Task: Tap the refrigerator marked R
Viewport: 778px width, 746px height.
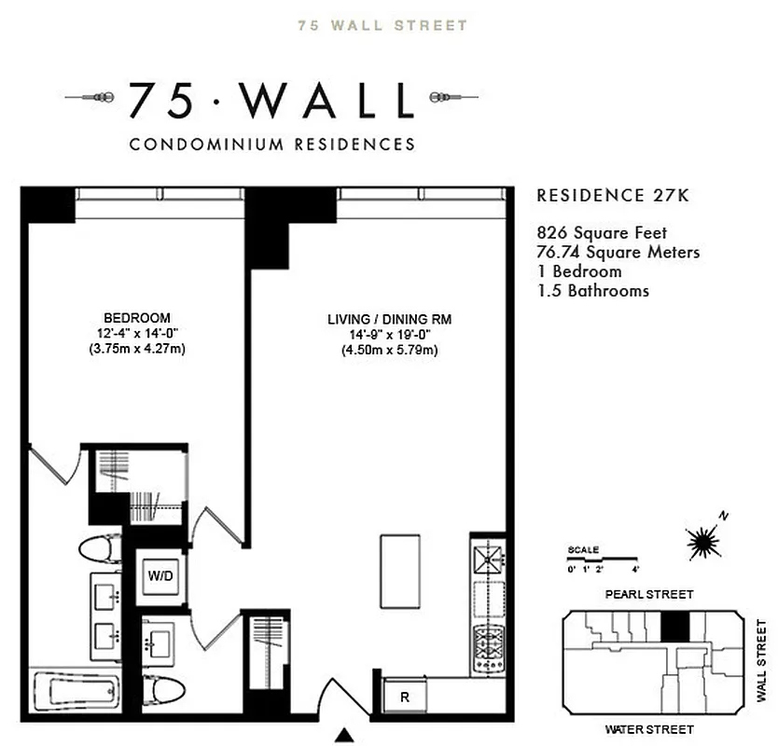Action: [x=405, y=696]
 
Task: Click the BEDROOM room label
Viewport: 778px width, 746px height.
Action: [x=137, y=317]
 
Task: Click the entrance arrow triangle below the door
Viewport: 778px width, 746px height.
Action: [x=347, y=736]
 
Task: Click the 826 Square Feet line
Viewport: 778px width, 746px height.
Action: [x=602, y=233]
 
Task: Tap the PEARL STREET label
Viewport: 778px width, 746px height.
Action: [x=649, y=594]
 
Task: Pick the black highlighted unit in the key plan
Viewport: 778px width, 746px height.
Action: [x=674, y=627]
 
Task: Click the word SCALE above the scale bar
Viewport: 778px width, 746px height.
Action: [x=583, y=550]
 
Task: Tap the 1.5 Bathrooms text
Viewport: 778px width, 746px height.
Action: [x=592, y=291]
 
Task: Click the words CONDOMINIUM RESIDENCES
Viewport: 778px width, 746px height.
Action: [x=272, y=145]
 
